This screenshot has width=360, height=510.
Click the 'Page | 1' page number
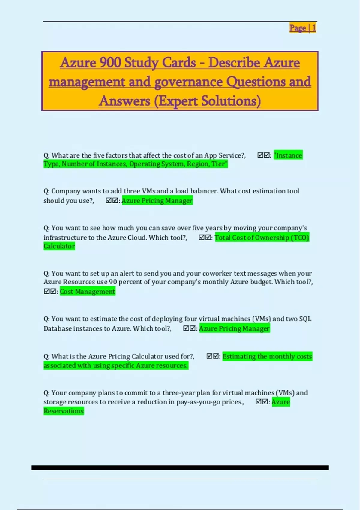pos(302,28)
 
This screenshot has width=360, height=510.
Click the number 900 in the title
pos(110,63)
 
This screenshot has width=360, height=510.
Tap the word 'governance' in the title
pos(188,82)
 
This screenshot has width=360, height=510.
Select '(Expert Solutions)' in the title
pos(207,101)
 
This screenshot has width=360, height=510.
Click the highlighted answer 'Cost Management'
pos(87,292)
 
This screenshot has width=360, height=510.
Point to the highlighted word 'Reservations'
pos(64,411)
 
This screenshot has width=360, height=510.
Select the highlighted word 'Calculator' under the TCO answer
pos(59,246)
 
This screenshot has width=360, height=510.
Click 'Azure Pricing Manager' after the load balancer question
pos(157,201)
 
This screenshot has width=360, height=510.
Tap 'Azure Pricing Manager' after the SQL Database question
pos(234,328)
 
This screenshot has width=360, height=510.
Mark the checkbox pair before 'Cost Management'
pos(50,292)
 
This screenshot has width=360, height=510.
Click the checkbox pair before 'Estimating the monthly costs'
pos(213,356)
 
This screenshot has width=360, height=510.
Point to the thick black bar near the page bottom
pos(180,468)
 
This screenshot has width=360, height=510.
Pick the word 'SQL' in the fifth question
pos(305,319)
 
